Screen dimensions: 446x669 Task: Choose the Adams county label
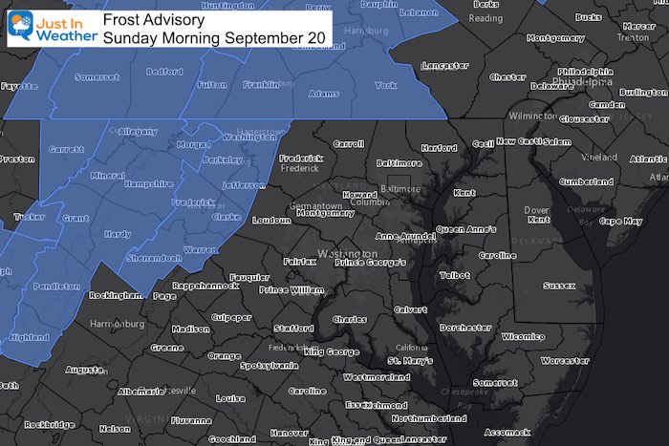(x=324, y=94)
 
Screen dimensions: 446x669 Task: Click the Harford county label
(x=439, y=148)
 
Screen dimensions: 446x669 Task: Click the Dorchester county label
(x=462, y=328)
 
